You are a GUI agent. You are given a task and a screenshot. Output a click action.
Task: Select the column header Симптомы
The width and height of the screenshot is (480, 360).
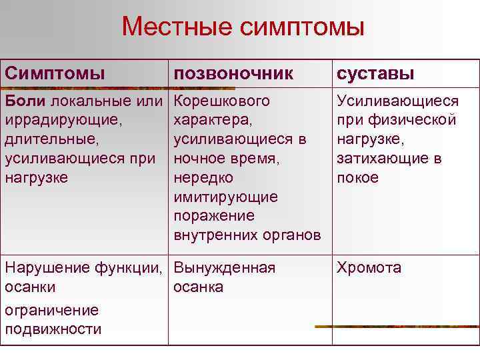point(55,73)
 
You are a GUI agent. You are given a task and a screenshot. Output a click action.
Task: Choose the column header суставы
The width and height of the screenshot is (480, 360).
point(376,73)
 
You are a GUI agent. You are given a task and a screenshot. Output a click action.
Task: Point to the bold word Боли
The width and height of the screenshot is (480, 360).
point(25,101)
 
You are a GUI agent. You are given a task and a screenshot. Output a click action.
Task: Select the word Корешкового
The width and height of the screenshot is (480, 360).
point(222,101)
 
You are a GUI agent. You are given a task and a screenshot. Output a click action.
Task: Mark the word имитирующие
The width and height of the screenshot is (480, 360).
point(225,197)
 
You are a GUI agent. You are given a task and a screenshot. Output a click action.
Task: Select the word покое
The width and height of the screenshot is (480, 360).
point(357,178)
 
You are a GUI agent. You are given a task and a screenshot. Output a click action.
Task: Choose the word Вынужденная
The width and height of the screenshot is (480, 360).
point(224,268)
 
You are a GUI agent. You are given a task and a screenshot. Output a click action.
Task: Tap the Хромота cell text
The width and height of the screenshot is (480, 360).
point(369,268)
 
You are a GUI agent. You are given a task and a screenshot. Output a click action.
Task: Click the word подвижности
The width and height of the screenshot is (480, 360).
point(53,329)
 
